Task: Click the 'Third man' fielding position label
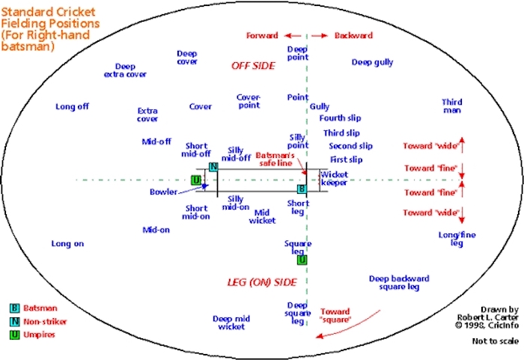(x=452, y=106)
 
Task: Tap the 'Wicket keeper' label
(x=334, y=178)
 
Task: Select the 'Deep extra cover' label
(x=125, y=70)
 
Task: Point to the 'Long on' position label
(x=67, y=244)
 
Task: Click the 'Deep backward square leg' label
(x=399, y=283)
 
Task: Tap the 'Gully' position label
(x=320, y=107)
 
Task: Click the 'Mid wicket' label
(x=262, y=216)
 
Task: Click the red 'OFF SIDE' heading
(x=253, y=66)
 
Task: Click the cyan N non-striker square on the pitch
(x=213, y=167)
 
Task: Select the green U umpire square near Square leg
(x=302, y=260)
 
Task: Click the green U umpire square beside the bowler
(x=196, y=180)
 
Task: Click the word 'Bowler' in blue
(x=164, y=192)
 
